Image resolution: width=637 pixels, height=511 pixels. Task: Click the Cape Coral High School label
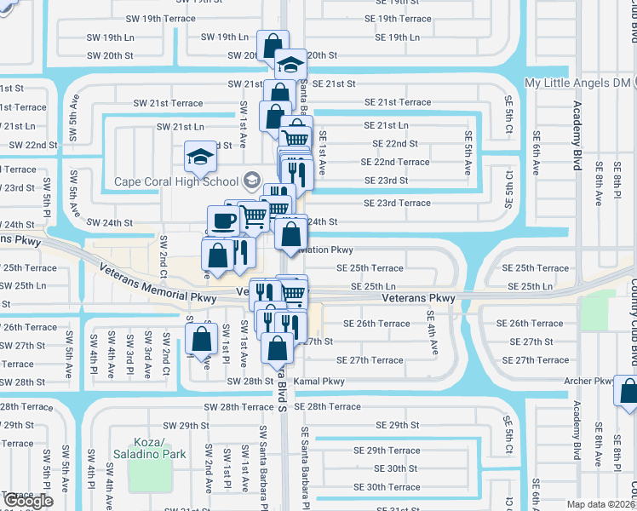click(x=177, y=181)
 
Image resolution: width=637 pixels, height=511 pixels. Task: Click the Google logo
click(x=28, y=501)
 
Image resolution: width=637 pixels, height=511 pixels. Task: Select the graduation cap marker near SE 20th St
click(x=290, y=65)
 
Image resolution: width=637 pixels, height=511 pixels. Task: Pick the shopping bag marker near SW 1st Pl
click(x=201, y=339)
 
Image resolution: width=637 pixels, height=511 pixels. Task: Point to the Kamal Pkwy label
click(x=319, y=382)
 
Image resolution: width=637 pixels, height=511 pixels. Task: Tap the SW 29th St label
click(x=187, y=425)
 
